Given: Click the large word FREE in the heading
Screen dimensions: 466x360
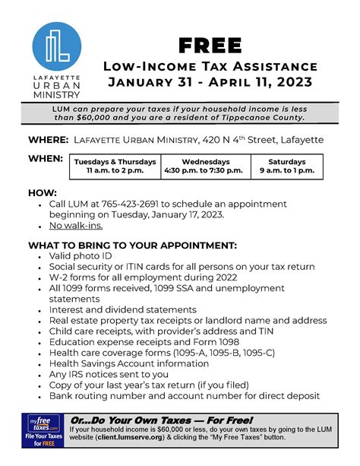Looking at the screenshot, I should [x=210, y=45].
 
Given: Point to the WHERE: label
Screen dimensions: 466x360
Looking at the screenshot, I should [x=47, y=141].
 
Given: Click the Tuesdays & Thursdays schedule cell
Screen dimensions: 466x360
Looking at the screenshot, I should [x=115, y=166].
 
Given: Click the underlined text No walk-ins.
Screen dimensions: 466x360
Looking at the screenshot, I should [x=76, y=226].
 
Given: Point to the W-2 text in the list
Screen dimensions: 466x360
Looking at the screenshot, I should [x=60, y=278].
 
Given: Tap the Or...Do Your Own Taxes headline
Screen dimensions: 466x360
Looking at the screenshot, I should [x=161, y=420].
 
